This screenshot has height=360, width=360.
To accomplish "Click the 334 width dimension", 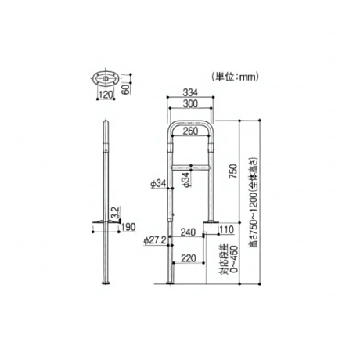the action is click(x=190, y=92).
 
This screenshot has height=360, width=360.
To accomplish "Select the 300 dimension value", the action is click(x=190, y=104).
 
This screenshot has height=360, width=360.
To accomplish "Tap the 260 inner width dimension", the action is click(x=190, y=131).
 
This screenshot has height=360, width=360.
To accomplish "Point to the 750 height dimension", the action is click(x=233, y=171).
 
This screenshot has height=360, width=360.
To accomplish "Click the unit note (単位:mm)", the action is click(x=235, y=77).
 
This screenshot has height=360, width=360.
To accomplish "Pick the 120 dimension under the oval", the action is click(x=106, y=95).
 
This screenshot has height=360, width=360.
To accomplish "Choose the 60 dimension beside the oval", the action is click(x=125, y=89).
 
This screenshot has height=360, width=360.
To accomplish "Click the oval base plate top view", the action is click(x=106, y=78).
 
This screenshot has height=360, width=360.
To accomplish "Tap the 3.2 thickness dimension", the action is click(x=115, y=212).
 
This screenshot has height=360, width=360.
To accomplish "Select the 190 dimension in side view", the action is click(x=129, y=227).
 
